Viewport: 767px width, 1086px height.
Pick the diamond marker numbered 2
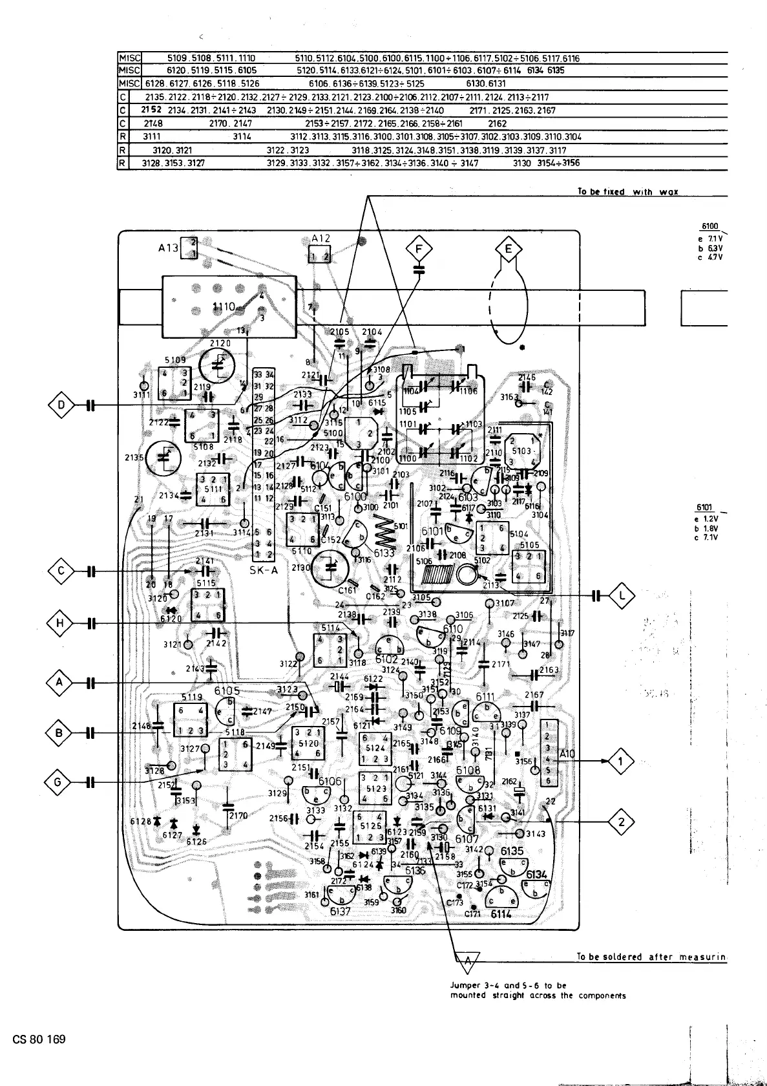(x=621, y=823)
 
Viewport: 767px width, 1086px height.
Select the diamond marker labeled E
(x=509, y=250)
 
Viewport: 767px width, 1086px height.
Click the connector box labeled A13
(x=189, y=248)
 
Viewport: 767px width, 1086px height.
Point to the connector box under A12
(x=319, y=257)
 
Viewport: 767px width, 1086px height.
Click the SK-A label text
(x=264, y=571)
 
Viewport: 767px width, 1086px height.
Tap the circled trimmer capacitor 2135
(x=165, y=458)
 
